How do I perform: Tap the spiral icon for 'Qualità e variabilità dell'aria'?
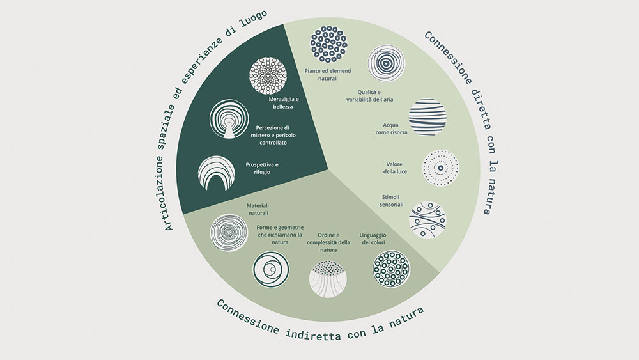(386, 63)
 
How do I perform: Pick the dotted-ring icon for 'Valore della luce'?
(440, 168)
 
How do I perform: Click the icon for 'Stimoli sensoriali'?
(427, 219)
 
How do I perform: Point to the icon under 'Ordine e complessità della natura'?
(328, 279)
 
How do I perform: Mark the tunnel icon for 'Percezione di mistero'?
(229, 119)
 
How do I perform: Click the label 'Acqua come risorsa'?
(391, 129)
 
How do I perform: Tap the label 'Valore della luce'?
(395, 168)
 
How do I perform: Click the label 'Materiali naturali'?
(258, 209)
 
